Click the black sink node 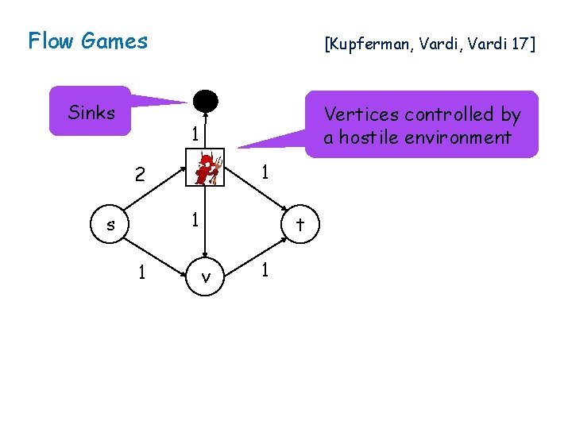pyautogui.click(x=205, y=101)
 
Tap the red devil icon pyautogui.click(x=206, y=168)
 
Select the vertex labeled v pyautogui.click(x=206, y=277)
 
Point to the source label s pyautogui.click(x=110, y=225)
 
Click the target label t pyautogui.click(x=300, y=224)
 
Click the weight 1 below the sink pyautogui.click(x=194, y=134)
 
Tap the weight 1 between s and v pyautogui.click(x=141, y=272)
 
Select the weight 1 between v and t pyautogui.click(x=266, y=270)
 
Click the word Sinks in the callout pyautogui.click(x=91, y=113)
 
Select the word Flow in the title pyautogui.click(x=51, y=41)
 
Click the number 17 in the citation pyautogui.click(x=520, y=44)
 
